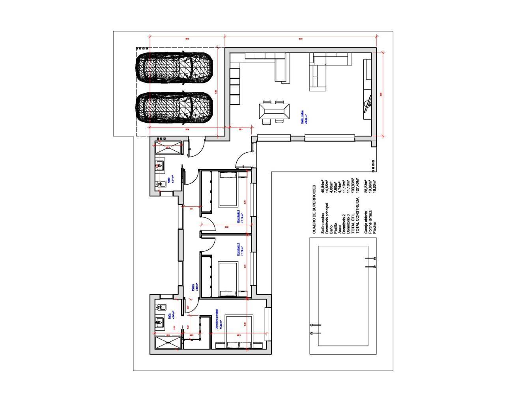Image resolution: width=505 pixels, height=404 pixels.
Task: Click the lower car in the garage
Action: coord(174,108)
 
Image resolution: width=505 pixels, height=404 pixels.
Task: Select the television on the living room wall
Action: coord(367,104)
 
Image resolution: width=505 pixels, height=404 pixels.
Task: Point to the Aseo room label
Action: coord(170,180)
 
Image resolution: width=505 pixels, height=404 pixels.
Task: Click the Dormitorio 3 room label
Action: coord(239,216)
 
